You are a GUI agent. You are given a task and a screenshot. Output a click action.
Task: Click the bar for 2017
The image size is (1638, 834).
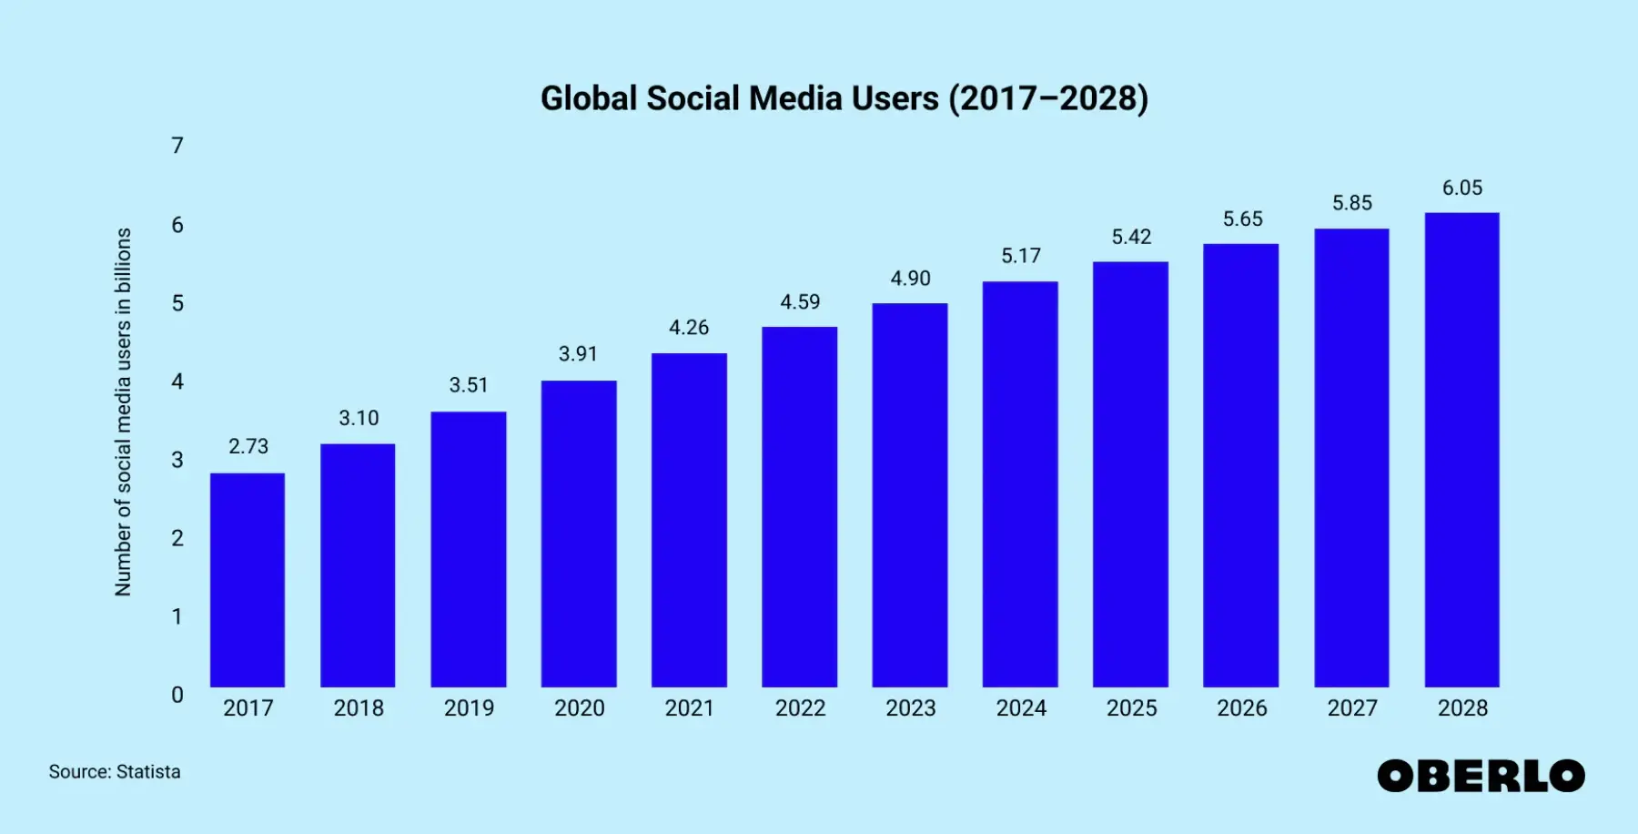(248, 580)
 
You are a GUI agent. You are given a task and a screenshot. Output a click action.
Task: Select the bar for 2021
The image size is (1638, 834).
(689, 520)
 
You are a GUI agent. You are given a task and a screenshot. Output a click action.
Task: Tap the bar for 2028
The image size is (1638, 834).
(1461, 450)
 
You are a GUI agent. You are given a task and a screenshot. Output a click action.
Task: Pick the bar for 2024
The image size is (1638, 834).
(1020, 484)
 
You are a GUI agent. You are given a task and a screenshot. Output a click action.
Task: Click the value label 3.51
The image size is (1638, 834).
(469, 385)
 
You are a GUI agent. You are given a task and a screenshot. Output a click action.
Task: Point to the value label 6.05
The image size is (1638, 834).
(1462, 188)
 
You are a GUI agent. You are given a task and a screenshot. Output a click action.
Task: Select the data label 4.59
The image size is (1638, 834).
(800, 302)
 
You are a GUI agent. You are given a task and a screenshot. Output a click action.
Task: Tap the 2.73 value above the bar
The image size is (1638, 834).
(248, 446)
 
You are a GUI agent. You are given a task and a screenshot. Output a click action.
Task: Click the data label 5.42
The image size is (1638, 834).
(1131, 238)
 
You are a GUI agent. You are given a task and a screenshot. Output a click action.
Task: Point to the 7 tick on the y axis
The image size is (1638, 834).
(177, 146)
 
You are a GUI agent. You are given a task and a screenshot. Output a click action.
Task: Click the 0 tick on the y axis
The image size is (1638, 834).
(177, 695)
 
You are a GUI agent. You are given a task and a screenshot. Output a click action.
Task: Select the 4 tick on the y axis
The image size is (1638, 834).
(177, 381)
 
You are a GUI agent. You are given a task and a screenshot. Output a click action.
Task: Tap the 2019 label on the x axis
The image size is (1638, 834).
(469, 708)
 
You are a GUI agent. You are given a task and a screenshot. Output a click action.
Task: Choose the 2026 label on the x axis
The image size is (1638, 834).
(1241, 708)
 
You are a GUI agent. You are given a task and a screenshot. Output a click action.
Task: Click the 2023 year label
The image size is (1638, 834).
(910, 708)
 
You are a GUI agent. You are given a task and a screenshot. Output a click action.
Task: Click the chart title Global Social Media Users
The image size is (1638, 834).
(844, 98)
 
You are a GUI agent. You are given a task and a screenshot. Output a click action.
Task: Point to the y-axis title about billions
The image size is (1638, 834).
(123, 412)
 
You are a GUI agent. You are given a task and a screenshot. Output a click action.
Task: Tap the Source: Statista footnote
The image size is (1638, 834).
(115, 772)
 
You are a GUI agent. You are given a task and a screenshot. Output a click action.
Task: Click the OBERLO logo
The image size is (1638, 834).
(1481, 776)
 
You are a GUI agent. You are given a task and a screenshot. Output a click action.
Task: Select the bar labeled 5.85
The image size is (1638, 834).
(1351, 458)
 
